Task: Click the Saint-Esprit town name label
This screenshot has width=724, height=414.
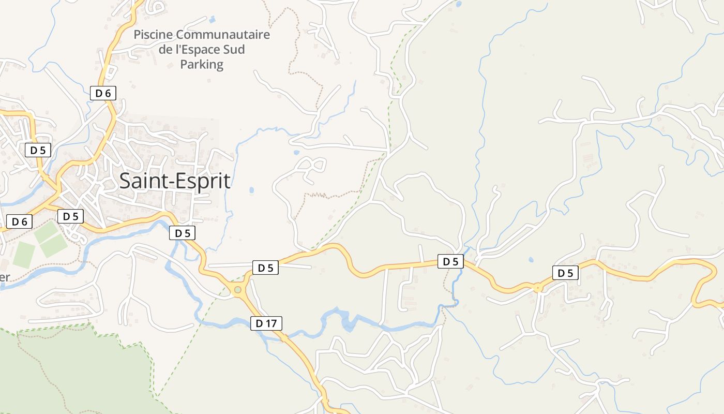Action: [175, 181]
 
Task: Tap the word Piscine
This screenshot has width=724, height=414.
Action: [153, 35]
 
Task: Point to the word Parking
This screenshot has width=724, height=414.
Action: [202, 65]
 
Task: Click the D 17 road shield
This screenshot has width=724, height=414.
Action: [267, 324]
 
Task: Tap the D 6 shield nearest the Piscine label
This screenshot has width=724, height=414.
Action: [103, 93]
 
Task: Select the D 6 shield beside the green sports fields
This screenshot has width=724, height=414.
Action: [20, 221]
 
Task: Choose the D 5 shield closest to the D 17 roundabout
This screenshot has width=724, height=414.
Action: [265, 268]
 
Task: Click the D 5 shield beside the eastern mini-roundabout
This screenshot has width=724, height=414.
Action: [565, 273]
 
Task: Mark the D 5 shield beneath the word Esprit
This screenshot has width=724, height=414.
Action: [183, 233]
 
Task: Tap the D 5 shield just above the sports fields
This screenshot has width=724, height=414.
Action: [70, 216]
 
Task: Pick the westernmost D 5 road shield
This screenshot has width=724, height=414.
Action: [38, 151]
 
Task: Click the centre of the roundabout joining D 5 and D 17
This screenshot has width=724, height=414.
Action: [238, 290]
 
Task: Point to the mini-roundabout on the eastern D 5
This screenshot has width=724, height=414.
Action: [538, 287]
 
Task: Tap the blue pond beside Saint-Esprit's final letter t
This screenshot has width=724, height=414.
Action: [251, 190]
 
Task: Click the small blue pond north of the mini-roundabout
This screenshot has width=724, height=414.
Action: [531, 259]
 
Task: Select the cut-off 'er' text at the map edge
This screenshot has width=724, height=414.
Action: [5, 276]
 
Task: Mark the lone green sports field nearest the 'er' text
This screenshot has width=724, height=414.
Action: [24, 254]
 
